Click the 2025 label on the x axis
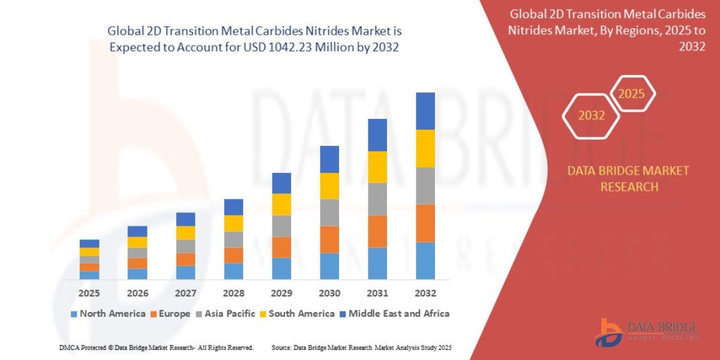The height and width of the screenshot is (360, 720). pyautogui.click(x=89, y=293)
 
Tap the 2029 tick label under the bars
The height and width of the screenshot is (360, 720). pyautogui.click(x=281, y=293)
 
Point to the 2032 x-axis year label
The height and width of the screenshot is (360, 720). pyautogui.click(x=425, y=293)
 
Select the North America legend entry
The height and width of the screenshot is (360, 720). pyautogui.click(x=108, y=313)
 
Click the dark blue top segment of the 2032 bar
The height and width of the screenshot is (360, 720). pyautogui.click(x=425, y=111)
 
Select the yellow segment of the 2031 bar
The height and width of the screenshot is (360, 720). pyautogui.click(x=377, y=167)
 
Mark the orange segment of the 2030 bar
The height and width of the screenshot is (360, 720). pyautogui.click(x=329, y=239)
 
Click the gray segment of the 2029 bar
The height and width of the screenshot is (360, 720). pyautogui.click(x=281, y=226)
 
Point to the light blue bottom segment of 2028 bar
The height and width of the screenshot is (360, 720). pyautogui.click(x=233, y=271)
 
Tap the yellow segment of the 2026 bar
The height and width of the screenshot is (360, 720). pyautogui.click(x=137, y=242)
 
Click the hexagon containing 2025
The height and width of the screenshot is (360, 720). pyautogui.click(x=631, y=94)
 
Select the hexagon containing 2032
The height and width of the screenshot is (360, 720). pyautogui.click(x=591, y=116)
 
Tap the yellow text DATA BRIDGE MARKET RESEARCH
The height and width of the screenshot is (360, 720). pyautogui.click(x=628, y=179)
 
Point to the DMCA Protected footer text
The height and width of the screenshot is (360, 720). pyautogui.click(x=156, y=347)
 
